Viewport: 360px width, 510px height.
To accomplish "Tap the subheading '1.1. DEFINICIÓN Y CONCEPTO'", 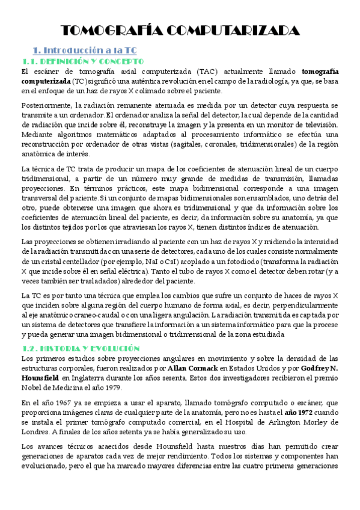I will pyautogui.click(x=82, y=61).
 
